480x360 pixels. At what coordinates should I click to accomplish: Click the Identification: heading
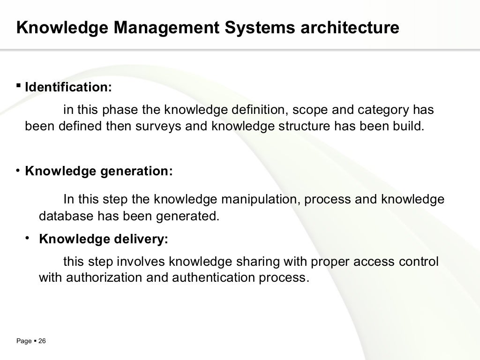tap(68, 88)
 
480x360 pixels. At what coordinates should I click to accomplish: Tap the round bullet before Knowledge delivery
tap(29, 239)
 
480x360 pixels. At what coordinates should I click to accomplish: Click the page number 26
tap(42, 342)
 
